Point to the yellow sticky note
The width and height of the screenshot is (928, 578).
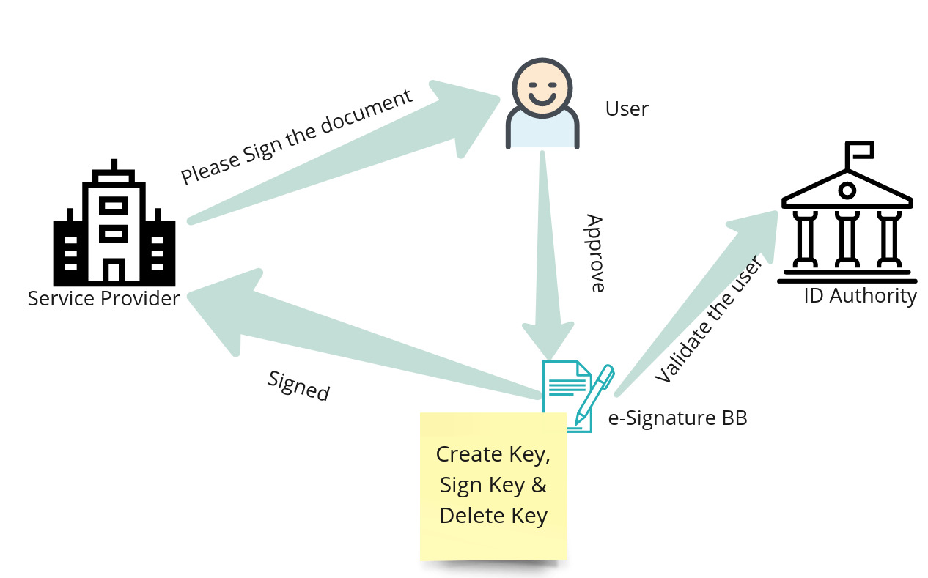click(x=493, y=487)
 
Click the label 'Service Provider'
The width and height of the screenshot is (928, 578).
click(x=103, y=299)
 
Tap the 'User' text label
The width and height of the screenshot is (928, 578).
click(x=627, y=109)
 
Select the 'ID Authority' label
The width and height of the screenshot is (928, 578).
click(x=860, y=296)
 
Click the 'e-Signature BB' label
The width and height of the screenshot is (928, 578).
click(x=677, y=418)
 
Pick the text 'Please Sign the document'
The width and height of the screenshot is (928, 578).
click(x=297, y=137)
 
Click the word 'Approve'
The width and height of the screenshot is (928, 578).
click(x=596, y=253)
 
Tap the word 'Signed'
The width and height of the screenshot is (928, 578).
click(x=298, y=385)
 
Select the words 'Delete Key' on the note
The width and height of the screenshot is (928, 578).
click(x=493, y=516)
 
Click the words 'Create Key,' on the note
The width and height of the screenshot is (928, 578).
click(x=493, y=454)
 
